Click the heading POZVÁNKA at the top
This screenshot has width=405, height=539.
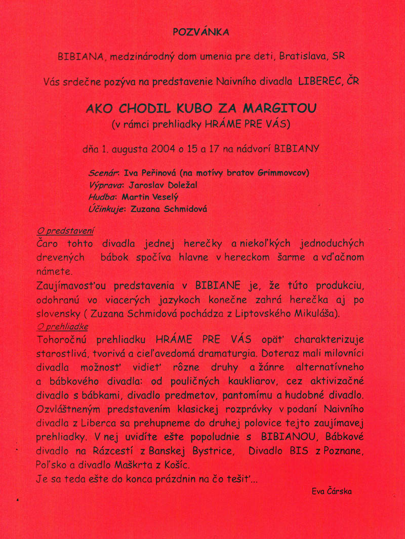click(201, 32)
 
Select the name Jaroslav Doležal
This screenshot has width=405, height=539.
click(164, 185)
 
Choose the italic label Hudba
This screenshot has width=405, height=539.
click(102, 197)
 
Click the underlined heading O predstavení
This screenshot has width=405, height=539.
click(66, 231)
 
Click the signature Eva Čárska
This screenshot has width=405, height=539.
click(332, 491)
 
